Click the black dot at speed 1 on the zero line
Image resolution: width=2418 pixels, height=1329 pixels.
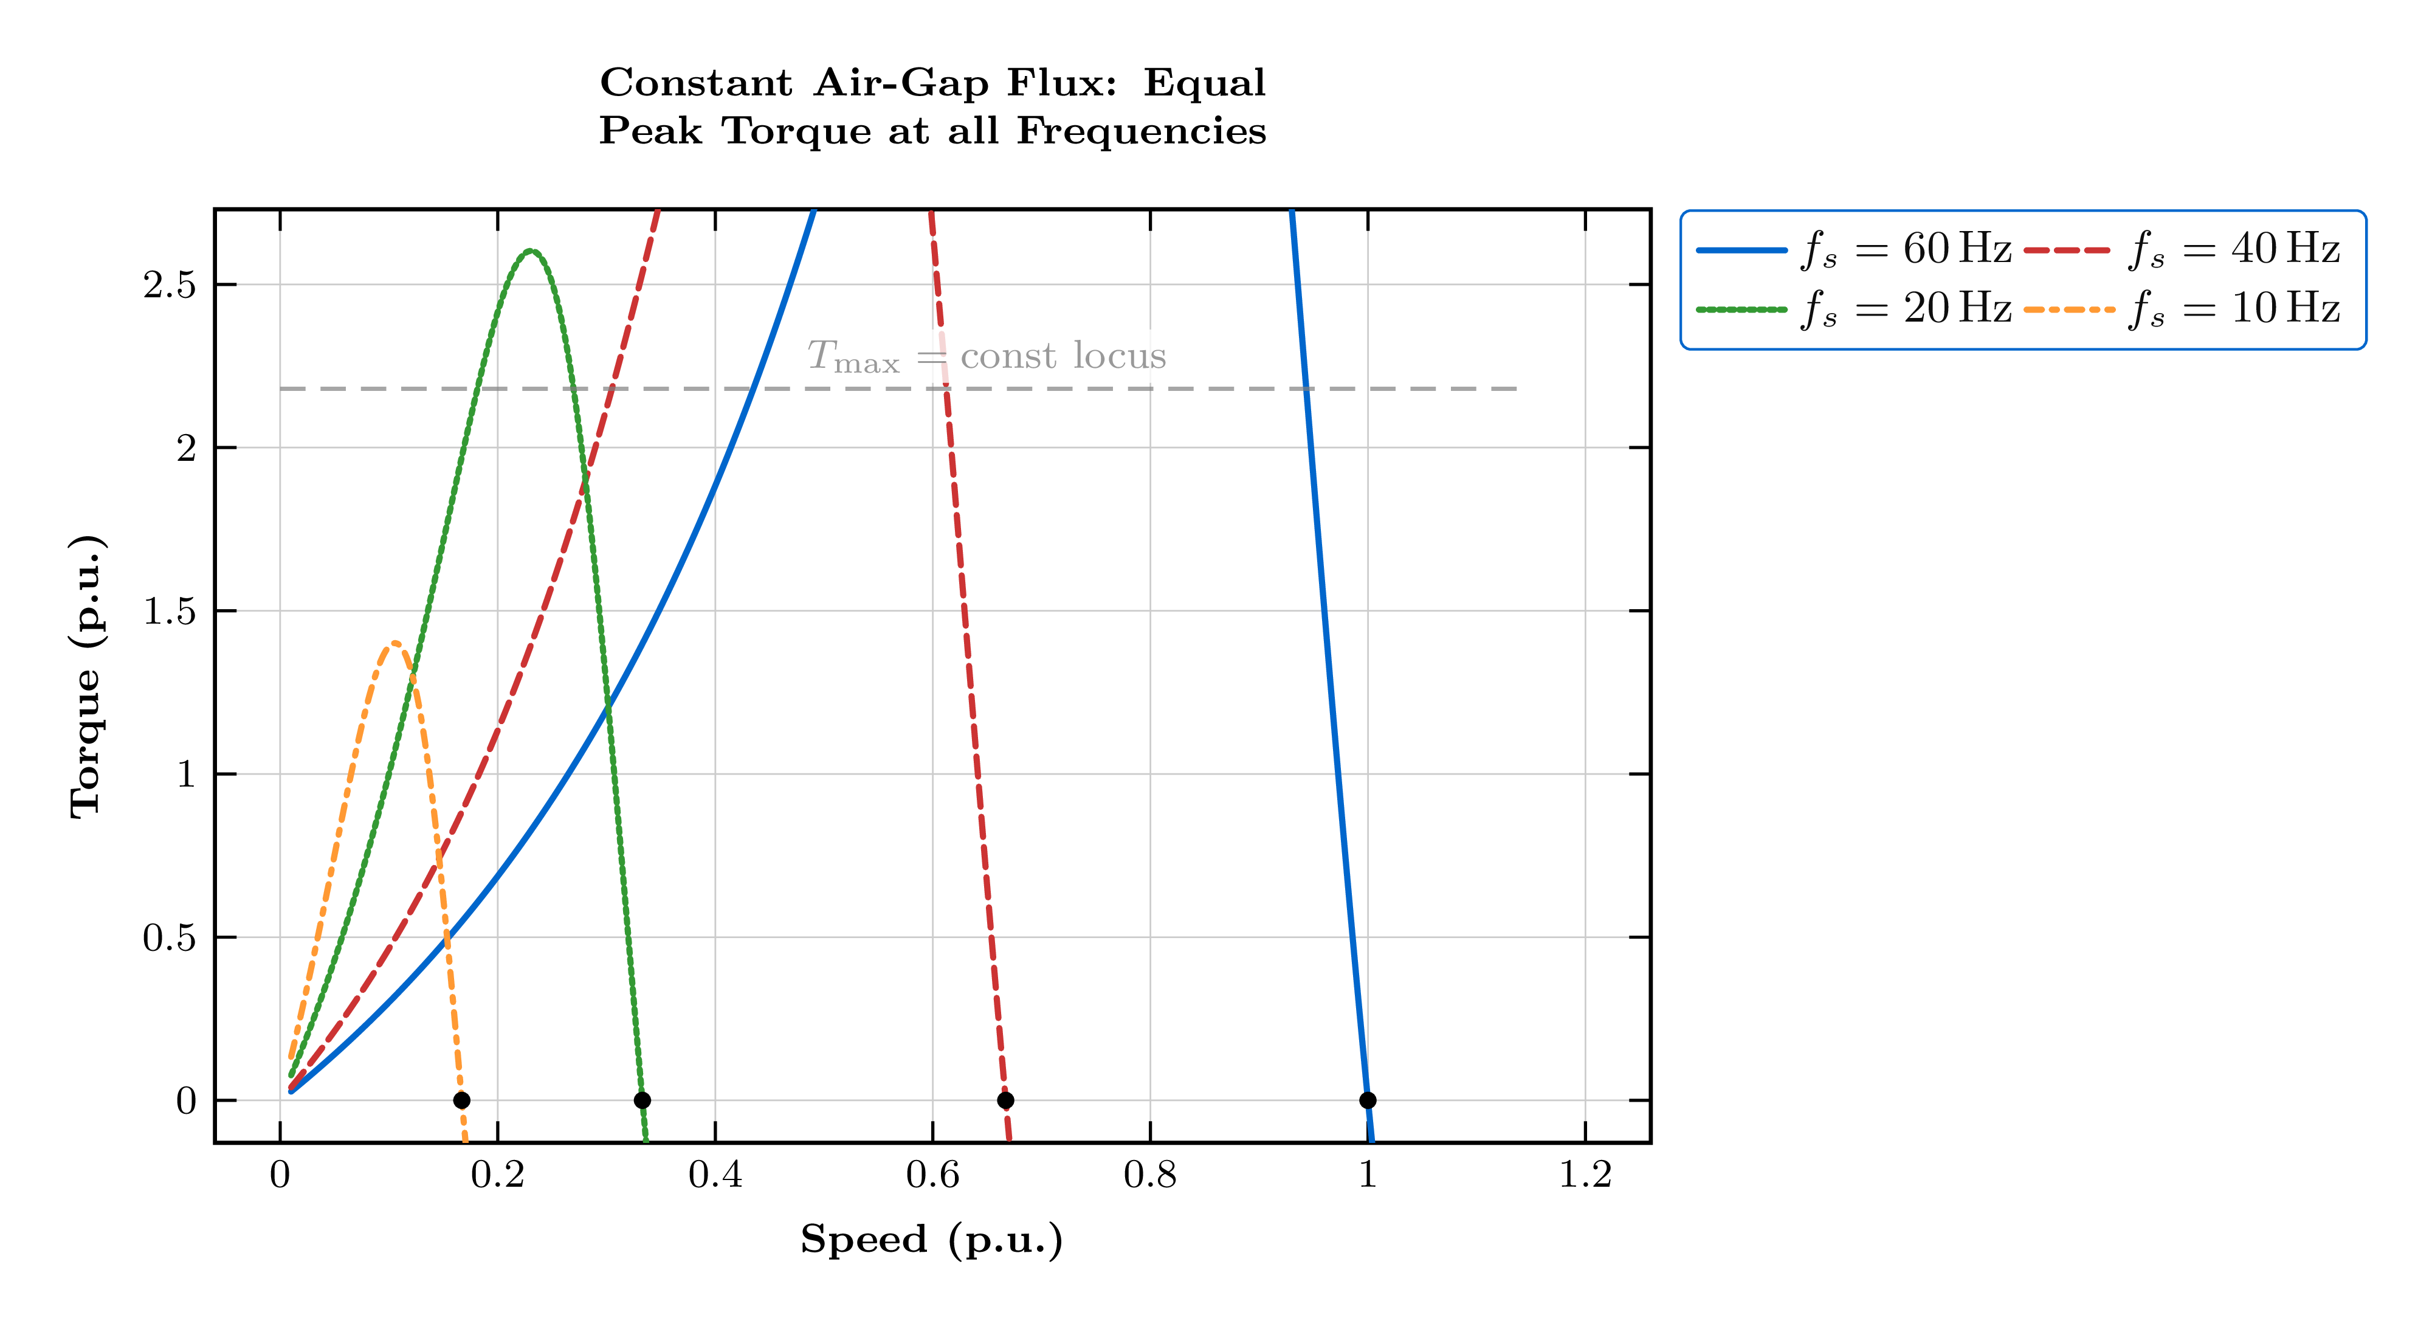(1368, 1100)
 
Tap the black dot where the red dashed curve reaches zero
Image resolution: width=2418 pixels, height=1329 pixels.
(1005, 1100)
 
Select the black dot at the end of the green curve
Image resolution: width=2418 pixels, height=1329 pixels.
(642, 1100)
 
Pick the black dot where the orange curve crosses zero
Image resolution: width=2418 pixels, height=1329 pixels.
(461, 1100)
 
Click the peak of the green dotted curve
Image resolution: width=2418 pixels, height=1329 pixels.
(531, 250)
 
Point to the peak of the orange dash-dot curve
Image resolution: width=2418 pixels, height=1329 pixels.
(395, 643)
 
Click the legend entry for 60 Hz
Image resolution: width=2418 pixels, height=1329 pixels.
(1854, 250)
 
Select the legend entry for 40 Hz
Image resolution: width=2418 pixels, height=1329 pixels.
(2182, 250)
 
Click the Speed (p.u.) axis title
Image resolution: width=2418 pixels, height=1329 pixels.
(931, 1240)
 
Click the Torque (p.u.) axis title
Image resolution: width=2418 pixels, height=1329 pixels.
(86, 677)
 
